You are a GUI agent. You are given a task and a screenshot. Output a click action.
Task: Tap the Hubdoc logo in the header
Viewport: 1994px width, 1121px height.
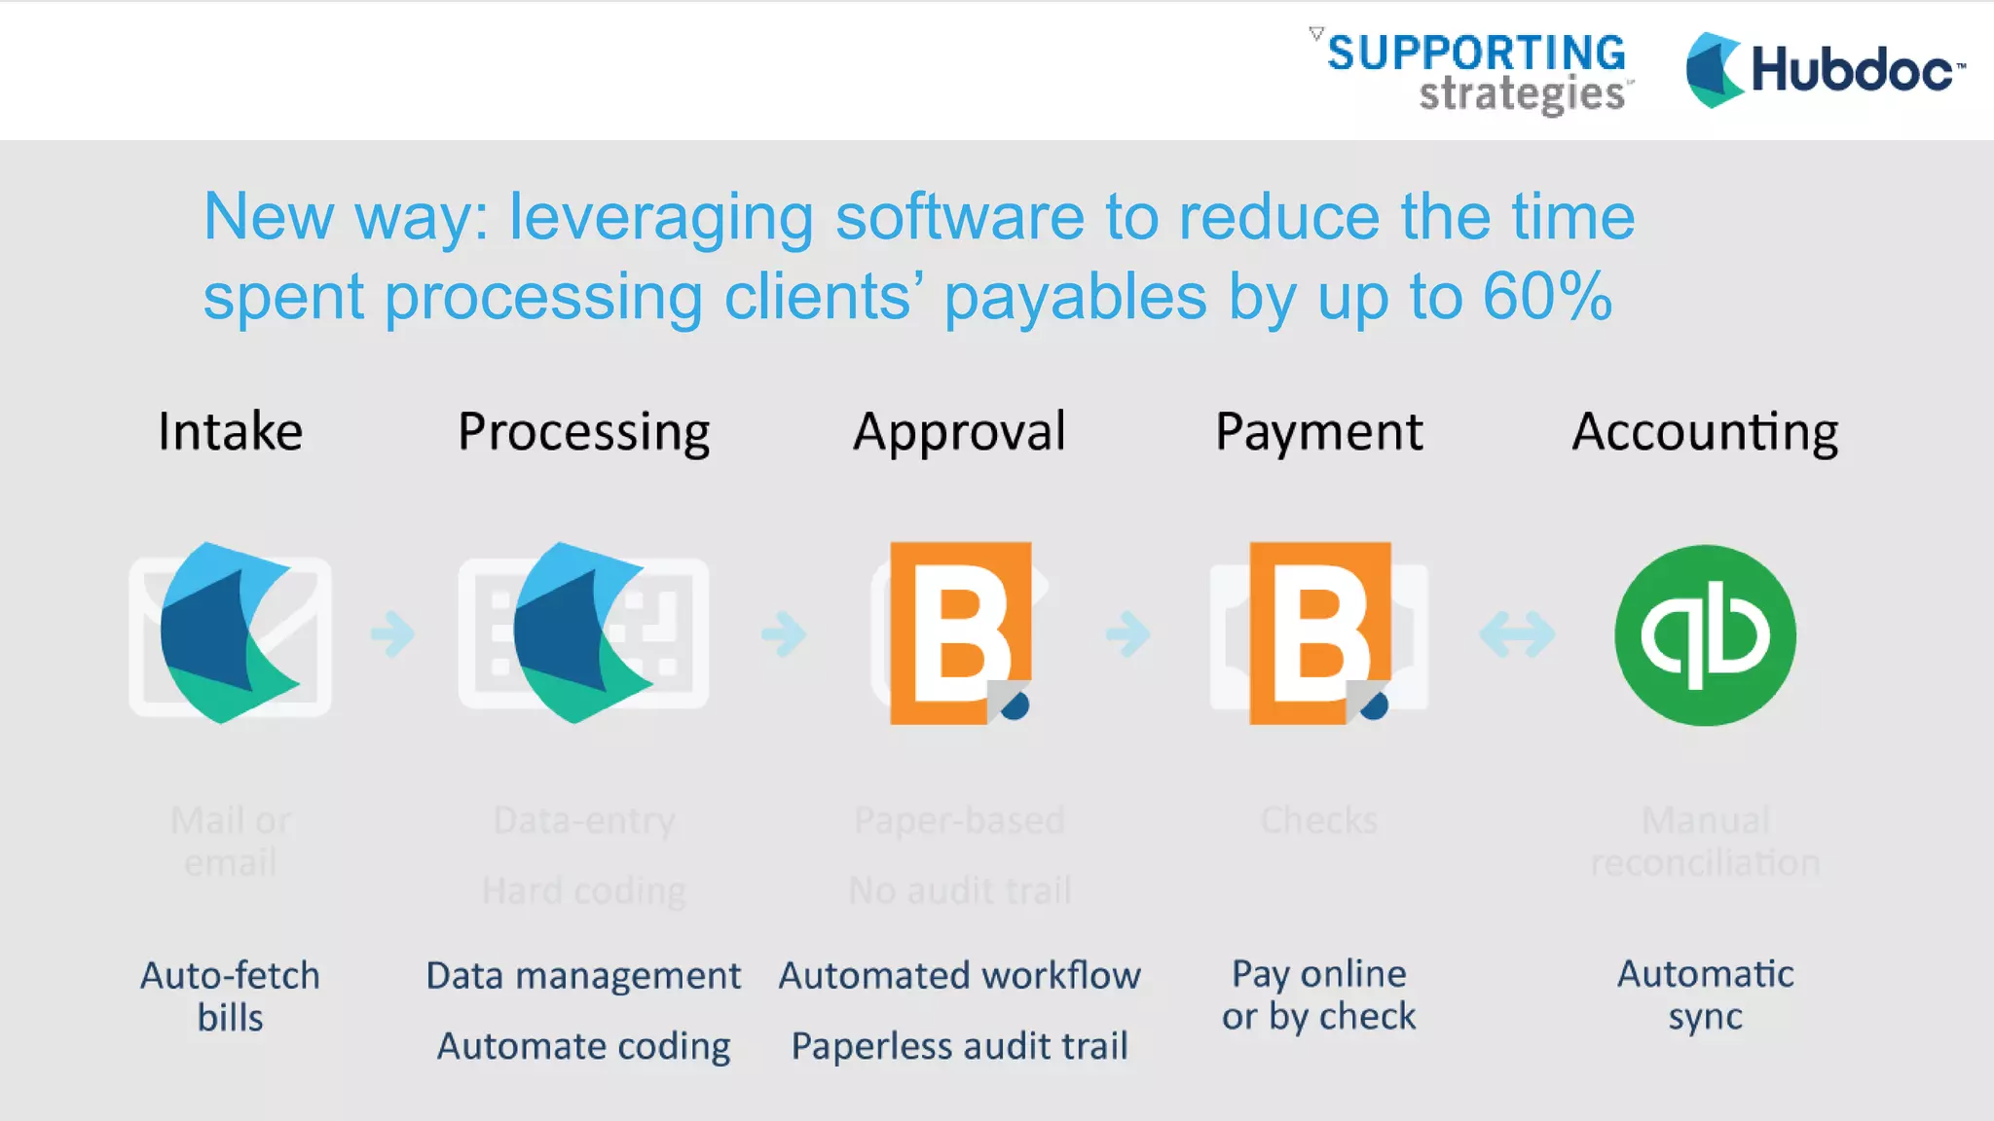(x=1825, y=70)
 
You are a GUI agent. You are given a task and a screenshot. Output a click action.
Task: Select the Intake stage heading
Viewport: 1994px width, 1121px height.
(x=231, y=431)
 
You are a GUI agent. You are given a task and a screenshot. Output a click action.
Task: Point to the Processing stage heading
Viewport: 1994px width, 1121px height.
(x=584, y=433)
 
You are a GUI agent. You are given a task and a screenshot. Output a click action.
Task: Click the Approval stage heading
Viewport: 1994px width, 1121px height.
(x=959, y=433)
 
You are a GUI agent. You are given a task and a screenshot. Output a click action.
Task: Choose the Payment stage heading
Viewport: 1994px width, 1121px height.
(x=1318, y=431)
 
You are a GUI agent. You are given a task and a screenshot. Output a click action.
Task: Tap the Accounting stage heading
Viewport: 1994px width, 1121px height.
(x=1705, y=433)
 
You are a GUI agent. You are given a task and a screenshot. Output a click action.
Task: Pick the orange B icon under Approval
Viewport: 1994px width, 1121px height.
(x=961, y=633)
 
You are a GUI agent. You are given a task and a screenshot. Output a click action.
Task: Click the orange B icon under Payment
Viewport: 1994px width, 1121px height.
(x=1320, y=633)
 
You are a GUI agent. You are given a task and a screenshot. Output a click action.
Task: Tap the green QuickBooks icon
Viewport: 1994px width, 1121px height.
(x=1705, y=634)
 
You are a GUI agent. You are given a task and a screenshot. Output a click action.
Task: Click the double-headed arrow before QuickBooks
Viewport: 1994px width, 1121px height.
(x=1517, y=634)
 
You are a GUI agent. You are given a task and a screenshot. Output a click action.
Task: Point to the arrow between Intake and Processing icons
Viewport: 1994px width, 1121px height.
(x=393, y=634)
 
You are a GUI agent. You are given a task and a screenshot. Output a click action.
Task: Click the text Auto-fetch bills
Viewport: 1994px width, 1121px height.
(x=231, y=995)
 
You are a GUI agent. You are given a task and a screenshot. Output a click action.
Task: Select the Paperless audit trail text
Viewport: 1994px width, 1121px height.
(x=959, y=1046)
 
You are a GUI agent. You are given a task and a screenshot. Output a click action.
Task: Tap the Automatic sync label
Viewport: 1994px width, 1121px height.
(x=1705, y=994)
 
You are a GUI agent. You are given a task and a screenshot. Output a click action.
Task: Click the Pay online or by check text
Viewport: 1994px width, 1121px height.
(x=1318, y=994)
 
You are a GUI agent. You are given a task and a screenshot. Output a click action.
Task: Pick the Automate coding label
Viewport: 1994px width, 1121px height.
(x=583, y=1046)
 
